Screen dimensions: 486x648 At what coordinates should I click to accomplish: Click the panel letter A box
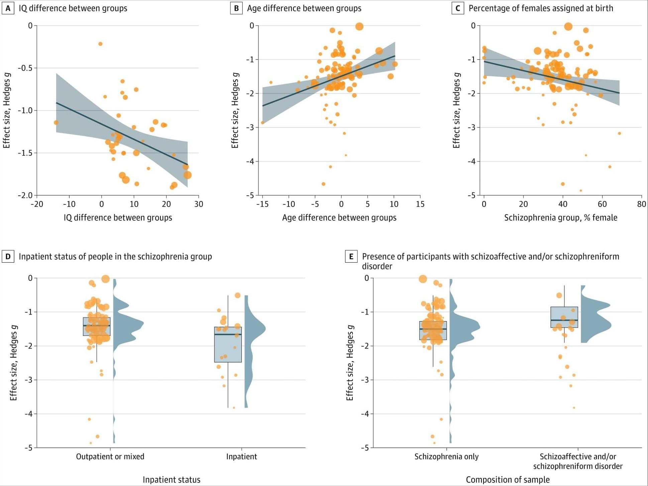click(x=8, y=8)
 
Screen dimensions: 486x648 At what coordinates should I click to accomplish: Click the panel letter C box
click(x=458, y=8)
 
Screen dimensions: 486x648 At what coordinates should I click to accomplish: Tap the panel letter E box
click(x=351, y=257)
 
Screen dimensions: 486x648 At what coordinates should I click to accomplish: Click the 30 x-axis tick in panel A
click(x=199, y=204)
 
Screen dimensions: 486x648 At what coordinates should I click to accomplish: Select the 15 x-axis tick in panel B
click(x=420, y=204)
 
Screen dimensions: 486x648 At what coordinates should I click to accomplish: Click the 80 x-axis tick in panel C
click(x=641, y=204)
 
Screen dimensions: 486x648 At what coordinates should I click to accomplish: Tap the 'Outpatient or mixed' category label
click(x=110, y=457)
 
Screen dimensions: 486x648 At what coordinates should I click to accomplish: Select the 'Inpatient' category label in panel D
click(x=241, y=457)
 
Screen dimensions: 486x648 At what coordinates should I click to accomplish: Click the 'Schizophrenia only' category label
click(x=446, y=457)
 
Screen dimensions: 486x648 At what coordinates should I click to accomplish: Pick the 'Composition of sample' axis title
click(x=508, y=480)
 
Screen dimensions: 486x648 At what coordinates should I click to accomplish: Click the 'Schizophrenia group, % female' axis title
click(x=560, y=218)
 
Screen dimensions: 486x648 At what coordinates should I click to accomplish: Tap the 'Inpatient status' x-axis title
click(x=172, y=480)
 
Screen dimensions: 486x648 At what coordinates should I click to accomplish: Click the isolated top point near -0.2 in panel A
click(x=100, y=44)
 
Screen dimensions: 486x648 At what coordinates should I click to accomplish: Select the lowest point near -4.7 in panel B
click(x=323, y=184)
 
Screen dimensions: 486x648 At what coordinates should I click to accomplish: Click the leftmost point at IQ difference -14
click(x=56, y=123)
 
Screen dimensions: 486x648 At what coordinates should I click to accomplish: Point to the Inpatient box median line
click(x=228, y=334)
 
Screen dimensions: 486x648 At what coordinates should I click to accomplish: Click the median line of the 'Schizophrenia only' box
click(x=433, y=329)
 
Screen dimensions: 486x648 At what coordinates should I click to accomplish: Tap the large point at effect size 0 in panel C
click(x=568, y=26)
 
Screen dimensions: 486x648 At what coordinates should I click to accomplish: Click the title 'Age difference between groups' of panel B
click(x=304, y=8)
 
